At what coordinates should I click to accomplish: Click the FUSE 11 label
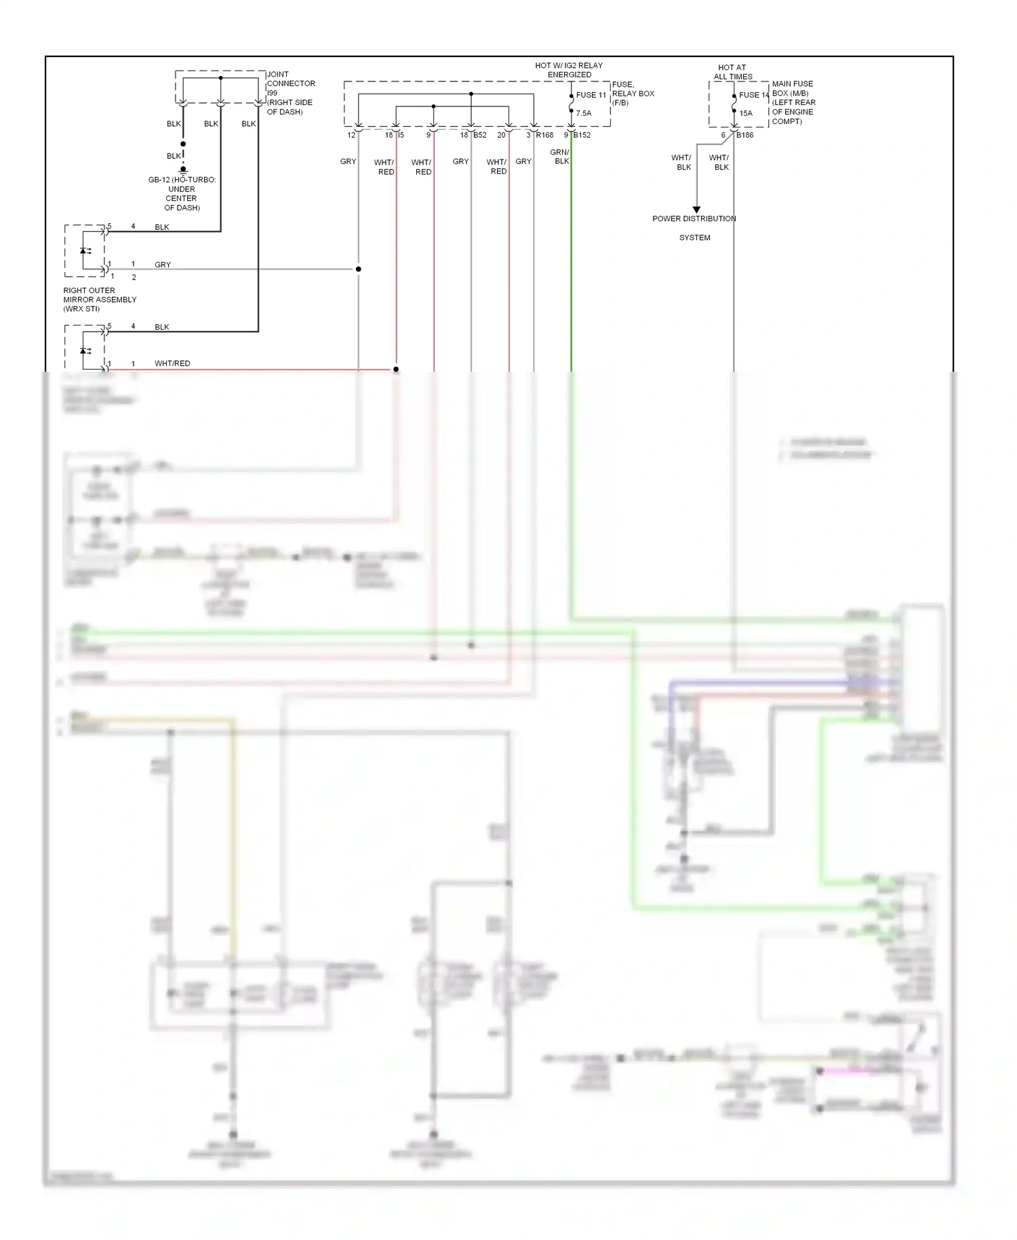point(591,95)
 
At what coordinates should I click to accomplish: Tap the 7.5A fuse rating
point(583,113)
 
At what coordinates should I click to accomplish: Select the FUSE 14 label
point(753,95)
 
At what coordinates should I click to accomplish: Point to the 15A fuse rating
point(746,113)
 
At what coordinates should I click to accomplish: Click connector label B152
point(582,135)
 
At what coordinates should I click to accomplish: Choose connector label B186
point(744,135)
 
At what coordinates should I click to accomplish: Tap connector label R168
point(544,135)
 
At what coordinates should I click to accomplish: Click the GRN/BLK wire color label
point(560,157)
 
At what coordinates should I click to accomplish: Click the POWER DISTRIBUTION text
point(694,218)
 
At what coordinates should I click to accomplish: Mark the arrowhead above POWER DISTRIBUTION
point(696,210)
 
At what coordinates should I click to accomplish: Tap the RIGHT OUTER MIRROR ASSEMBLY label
point(100,299)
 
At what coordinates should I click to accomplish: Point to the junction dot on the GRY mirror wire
point(359,269)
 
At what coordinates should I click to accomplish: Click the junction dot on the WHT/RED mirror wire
point(396,370)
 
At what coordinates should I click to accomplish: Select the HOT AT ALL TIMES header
point(732,72)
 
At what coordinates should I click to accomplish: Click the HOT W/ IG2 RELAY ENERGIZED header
point(568,70)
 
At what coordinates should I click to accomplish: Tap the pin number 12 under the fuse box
point(351,135)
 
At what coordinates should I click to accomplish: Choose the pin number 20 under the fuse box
point(501,135)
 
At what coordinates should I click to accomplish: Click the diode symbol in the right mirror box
point(84,251)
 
